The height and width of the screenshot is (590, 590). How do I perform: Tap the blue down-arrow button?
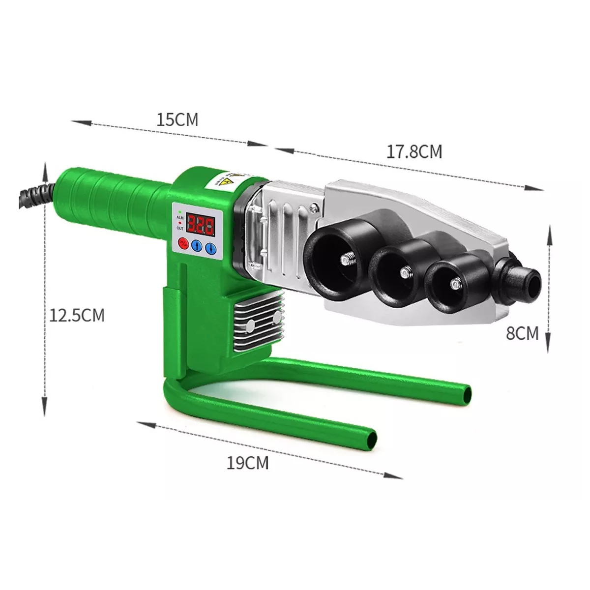coord(210,247)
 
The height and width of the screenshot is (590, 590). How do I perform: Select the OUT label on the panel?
coord(180,228)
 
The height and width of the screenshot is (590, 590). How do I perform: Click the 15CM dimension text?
coord(177,119)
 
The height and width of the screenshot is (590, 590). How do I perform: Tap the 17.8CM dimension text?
coord(414,151)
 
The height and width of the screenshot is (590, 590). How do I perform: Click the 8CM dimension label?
coord(522,333)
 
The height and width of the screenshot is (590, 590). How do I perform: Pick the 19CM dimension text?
coord(248,463)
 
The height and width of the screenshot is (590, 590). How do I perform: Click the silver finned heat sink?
coord(258,320)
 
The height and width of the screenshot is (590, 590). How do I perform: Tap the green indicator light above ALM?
coord(180,211)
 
